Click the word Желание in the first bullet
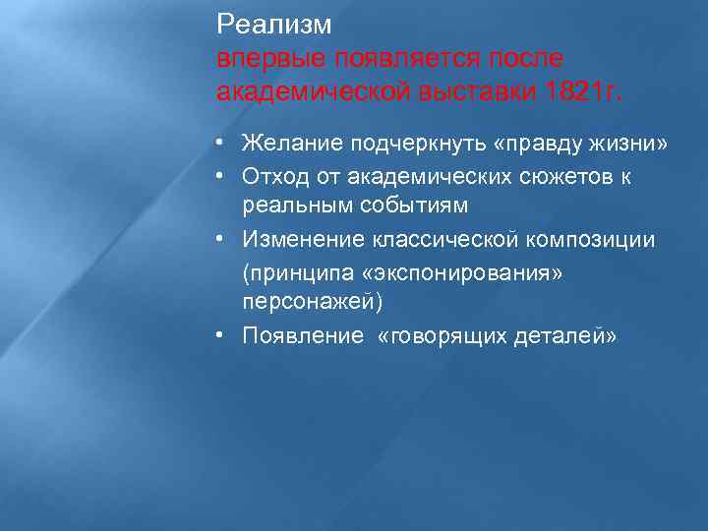pyautogui.click(x=286, y=145)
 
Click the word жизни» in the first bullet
pyautogui.click(x=631, y=145)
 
